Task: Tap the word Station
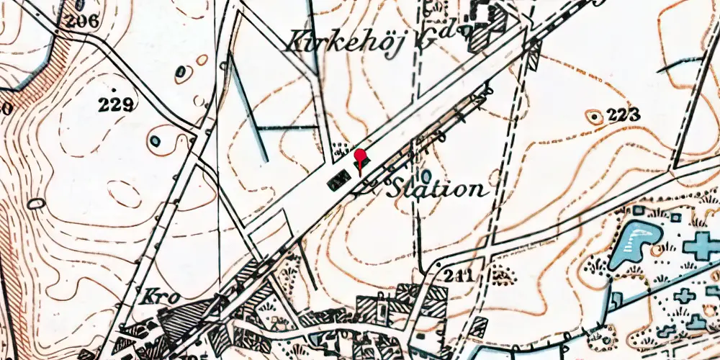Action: click(x=437, y=190)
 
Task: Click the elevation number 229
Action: click(x=117, y=104)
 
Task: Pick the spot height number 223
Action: click(x=624, y=114)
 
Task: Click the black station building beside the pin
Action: click(x=337, y=182)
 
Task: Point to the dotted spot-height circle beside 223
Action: click(x=594, y=115)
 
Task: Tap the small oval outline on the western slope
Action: click(x=35, y=204)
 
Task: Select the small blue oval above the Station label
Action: click(x=427, y=175)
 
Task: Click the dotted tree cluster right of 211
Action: click(x=501, y=274)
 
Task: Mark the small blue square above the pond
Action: click(x=638, y=210)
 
